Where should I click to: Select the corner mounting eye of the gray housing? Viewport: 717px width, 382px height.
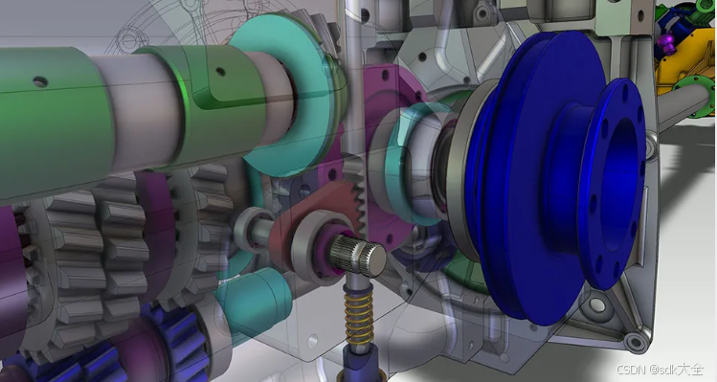coord(634,341)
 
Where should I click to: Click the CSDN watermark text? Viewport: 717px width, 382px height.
coord(660,370)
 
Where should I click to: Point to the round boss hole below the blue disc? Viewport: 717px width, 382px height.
coord(634,341)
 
